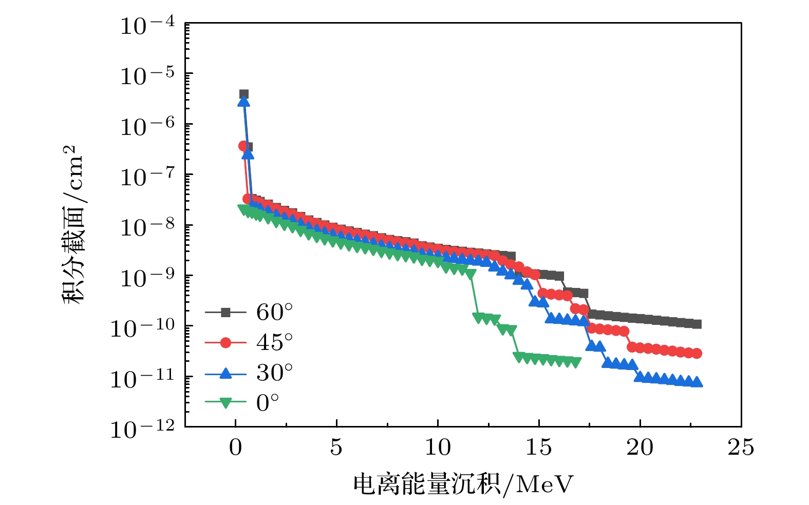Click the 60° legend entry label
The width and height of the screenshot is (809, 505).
(275, 312)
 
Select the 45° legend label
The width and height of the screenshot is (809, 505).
(275, 342)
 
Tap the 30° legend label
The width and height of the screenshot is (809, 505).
(275, 373)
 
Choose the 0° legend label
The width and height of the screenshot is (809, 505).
(268, 403)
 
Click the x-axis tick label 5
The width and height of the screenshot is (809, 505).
(336, 448)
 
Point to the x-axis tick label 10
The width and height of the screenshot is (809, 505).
(437, 448)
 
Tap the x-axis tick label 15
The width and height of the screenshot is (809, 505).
(538, 448)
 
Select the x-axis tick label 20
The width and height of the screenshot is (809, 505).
(639, 448)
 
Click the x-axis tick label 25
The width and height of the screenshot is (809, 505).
(741, 448)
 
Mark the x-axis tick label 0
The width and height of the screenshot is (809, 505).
(235, 448)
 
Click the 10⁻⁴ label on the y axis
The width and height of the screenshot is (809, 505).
(147, 26)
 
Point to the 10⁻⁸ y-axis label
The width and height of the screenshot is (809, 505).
(147, 227)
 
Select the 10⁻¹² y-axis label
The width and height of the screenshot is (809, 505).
(143, 429)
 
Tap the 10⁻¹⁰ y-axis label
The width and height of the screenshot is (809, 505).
(143, 328)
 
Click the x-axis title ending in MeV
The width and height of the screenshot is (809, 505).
(462, 484)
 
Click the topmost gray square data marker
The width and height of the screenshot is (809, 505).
(243, 94)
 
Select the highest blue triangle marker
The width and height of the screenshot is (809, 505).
(243, 102)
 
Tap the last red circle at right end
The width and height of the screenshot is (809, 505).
(697, 354)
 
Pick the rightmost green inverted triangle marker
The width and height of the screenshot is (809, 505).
(576, 363)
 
